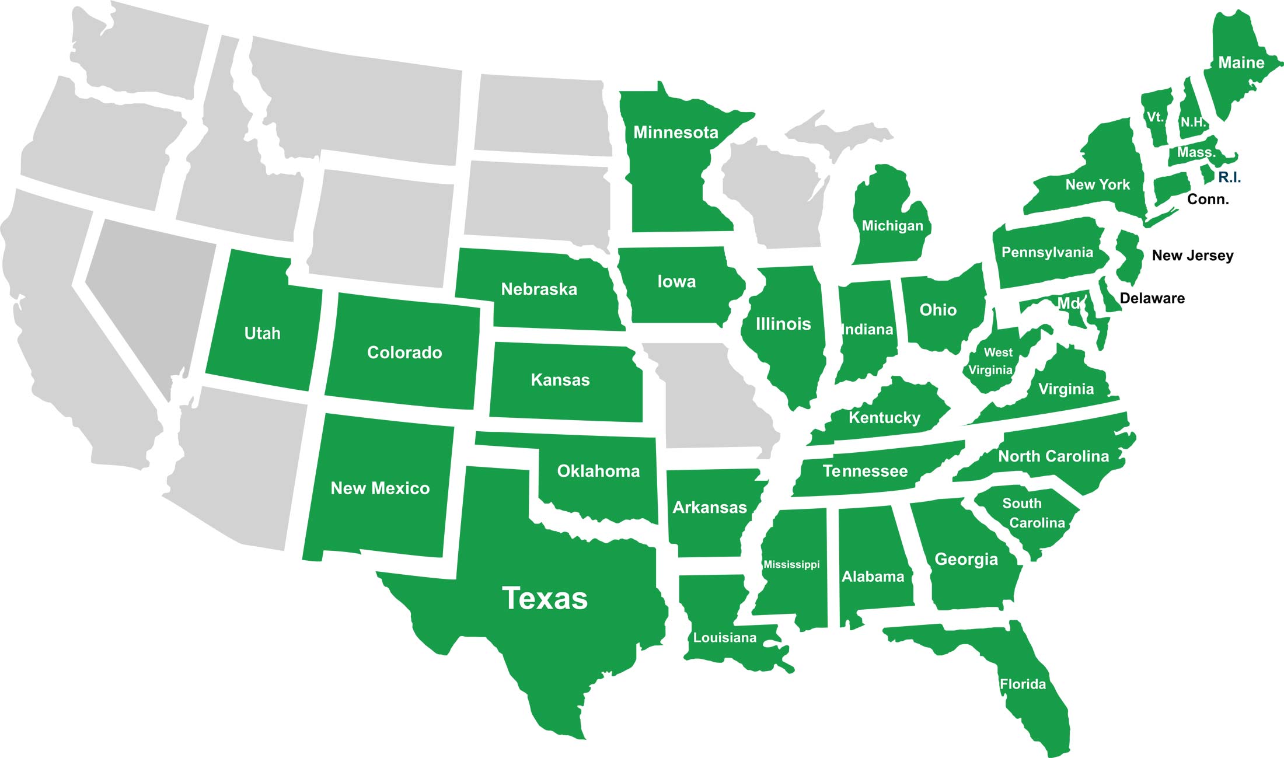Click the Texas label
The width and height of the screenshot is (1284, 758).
[x=545, y=599]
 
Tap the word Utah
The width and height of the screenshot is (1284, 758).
[x=262, y=333]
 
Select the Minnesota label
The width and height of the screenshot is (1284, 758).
[x=675, y=132]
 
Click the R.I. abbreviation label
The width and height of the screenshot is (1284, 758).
[x=1229, y=177]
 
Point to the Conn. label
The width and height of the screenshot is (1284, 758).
[x=1208, y=200]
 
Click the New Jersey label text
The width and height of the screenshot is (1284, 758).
[x=1192, y=256]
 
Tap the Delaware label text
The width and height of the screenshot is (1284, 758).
[x=1152, y=298]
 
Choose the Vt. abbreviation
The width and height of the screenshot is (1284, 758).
[x=1155, y=117]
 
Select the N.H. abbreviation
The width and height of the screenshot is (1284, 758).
[x=1193, y=123]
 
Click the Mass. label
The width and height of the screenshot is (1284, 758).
[x=1196, y=153]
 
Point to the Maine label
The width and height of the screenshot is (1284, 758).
[x=1241, y=63]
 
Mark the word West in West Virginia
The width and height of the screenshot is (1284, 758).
[x=998, y=352]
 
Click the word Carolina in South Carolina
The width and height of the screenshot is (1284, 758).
[x=1037, y=523]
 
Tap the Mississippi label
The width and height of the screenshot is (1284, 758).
[x=791, y=564]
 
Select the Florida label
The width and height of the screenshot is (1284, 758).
[x=1023, y=684]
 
